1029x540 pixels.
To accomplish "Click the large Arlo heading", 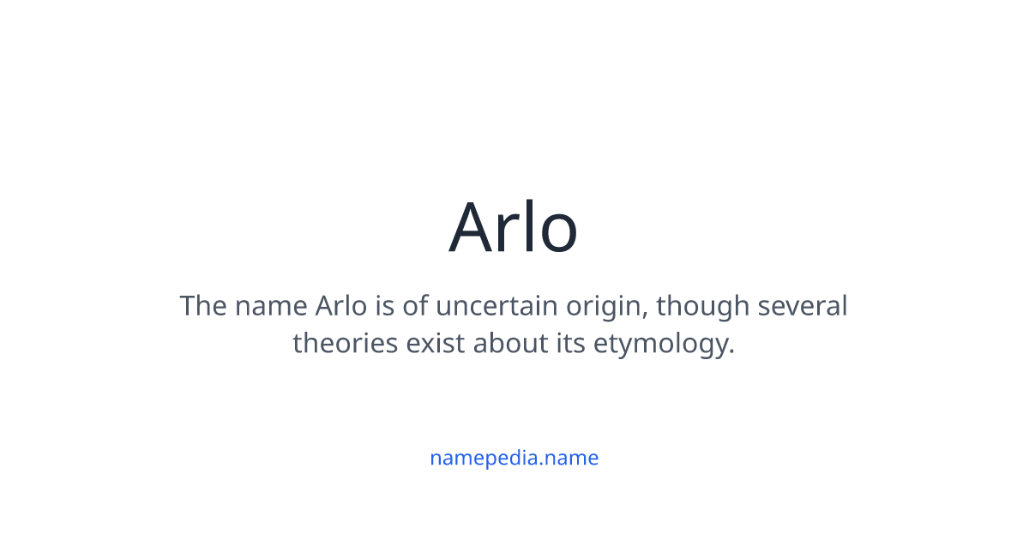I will [514, 228].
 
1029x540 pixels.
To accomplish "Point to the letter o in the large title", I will [557, 233].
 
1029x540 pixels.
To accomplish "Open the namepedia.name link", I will [514, 458].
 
